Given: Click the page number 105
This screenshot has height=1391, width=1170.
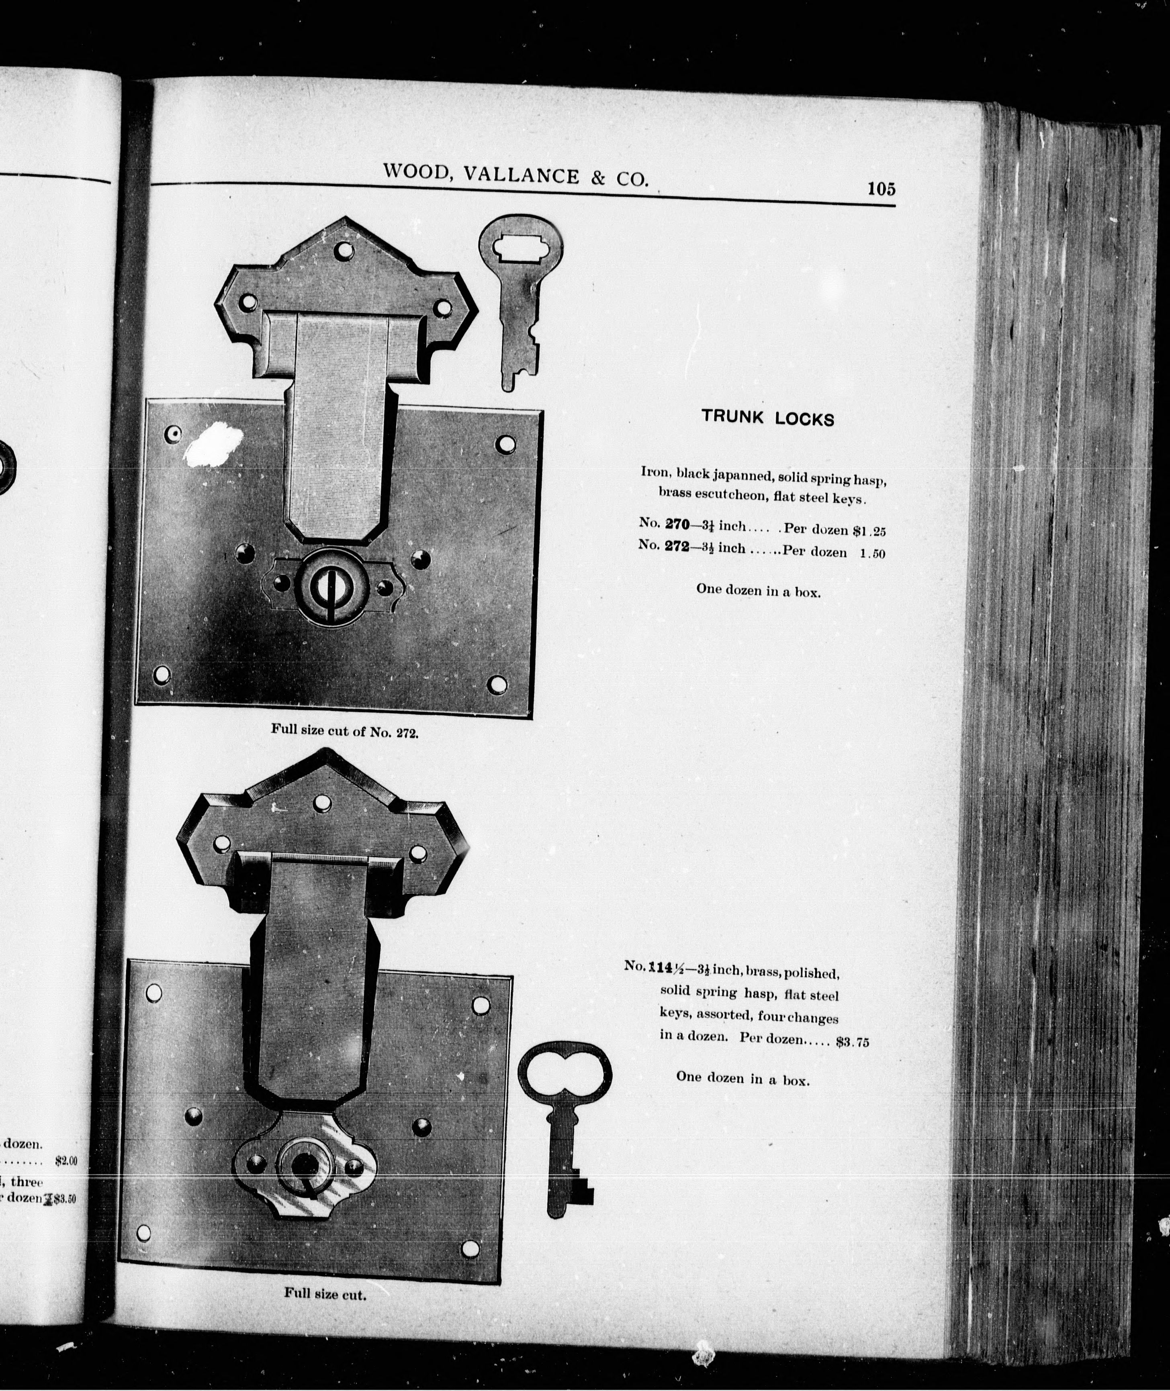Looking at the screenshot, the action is pos(882,189).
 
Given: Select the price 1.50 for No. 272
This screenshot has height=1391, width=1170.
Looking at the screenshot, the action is pos(873,554).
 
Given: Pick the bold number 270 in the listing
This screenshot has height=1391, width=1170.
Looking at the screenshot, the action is pos(677,524).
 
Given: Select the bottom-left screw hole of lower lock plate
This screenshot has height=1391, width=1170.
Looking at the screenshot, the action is pos(143,1233).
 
